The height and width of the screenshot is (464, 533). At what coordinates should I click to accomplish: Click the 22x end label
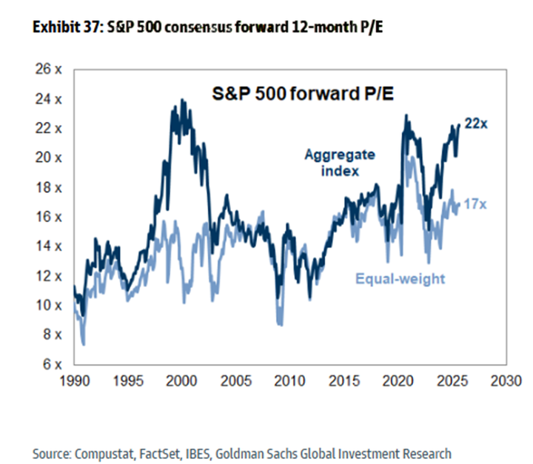click(476, 124)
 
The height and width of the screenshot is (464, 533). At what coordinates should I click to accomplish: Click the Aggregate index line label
click(340, 162)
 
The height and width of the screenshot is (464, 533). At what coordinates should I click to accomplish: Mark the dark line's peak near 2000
click(181, 100)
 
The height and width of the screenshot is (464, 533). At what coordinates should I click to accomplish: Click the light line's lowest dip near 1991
click(84, 344)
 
